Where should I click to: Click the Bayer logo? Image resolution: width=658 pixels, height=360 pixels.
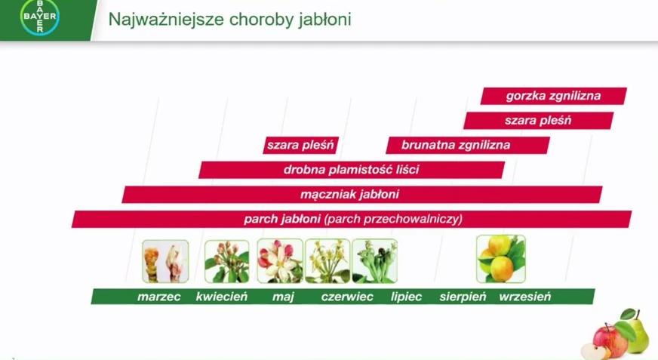pyautogui.click(x=40, y=17)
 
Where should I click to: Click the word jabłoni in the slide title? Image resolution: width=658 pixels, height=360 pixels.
pyautogui.click(x=324, y=20)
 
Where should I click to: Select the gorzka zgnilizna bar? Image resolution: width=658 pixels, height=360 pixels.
pyautogui.click(x=554, y=96)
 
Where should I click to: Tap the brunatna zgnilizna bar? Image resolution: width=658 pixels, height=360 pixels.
pyautogui.click(x=468, y=145)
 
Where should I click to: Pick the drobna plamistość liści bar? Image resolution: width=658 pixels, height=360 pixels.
pyautogui.click(x=352, y=170)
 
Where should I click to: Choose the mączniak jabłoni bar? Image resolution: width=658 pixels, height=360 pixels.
pyautogui.click(x=362, y=195)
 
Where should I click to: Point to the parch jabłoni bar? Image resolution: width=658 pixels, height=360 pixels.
pyautogui.click(x=352, y=219)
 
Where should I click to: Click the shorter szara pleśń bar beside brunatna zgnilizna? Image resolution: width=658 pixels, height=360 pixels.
pyautogui.click(x=300, y=145)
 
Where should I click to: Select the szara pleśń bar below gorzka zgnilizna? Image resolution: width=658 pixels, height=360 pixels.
pyautogui.click(x=539, y=121)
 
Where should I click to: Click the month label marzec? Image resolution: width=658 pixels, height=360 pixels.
pyautogui.click(x=158, y=297)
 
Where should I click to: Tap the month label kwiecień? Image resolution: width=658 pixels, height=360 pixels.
pyautogui.click(x=222, y=297)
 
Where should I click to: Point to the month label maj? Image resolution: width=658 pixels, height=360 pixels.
pyautogui.click(x=283, y=297)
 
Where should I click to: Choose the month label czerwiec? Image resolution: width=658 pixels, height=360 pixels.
pyautogui.click(x=347, y=297)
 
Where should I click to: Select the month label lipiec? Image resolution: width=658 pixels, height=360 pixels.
pyautogui.click(x=406, y=297)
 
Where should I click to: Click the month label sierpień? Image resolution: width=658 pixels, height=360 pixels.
pyautogui.click(x=463, y=297)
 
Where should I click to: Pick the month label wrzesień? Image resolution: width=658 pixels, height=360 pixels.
pyautogui.click(x=525, y=297)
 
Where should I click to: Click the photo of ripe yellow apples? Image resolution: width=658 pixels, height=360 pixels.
pyautogui.click(x=500, y=259)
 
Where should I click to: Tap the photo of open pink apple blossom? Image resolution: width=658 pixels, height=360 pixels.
pyautogui.click(x=280, y=261)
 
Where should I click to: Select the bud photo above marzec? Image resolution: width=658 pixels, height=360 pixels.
pyautogui.click(x=165, y=261)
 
